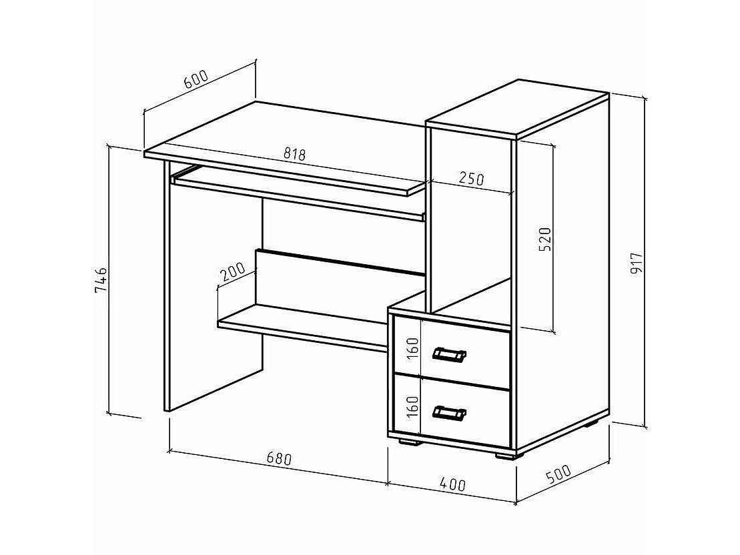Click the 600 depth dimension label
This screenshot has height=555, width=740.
196,81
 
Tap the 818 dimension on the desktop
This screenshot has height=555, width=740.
294,154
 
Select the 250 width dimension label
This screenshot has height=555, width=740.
471,178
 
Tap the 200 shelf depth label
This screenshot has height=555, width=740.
232,271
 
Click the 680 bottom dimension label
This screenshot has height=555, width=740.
278,459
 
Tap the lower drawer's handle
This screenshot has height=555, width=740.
449,414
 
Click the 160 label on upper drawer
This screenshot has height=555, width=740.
412,348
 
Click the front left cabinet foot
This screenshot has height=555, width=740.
408,441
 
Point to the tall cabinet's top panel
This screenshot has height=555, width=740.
517,110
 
